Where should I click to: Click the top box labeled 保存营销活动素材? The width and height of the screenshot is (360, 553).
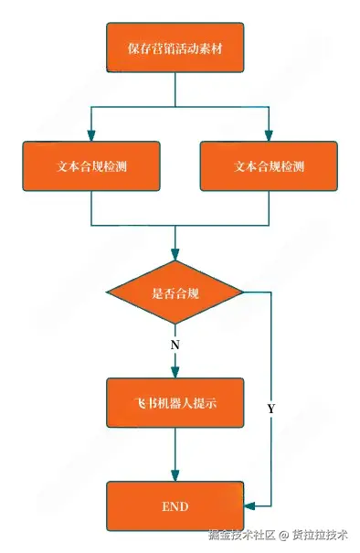click(175, 48)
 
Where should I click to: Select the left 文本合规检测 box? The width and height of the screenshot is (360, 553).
click(90, 166)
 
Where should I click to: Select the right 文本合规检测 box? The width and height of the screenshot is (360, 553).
click(269, 166)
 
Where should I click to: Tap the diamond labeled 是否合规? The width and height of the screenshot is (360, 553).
click(175, 292)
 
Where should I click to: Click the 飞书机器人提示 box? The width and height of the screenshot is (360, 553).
click(175, 403)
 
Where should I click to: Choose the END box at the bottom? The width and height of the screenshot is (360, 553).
click(175, 505)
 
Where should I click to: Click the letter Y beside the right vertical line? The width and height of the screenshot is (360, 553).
click(270, 409)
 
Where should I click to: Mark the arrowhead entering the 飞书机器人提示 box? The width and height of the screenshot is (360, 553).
click(175, 372)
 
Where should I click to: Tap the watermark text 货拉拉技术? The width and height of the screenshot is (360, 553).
click(319, 535)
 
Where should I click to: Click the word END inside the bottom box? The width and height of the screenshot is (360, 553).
click(175, 505)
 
